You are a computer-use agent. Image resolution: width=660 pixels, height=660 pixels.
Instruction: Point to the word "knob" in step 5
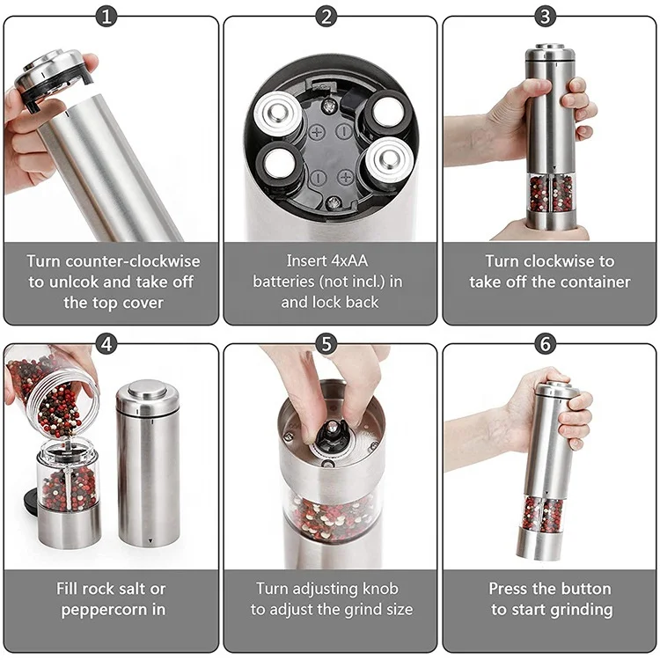tap(379, 588)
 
